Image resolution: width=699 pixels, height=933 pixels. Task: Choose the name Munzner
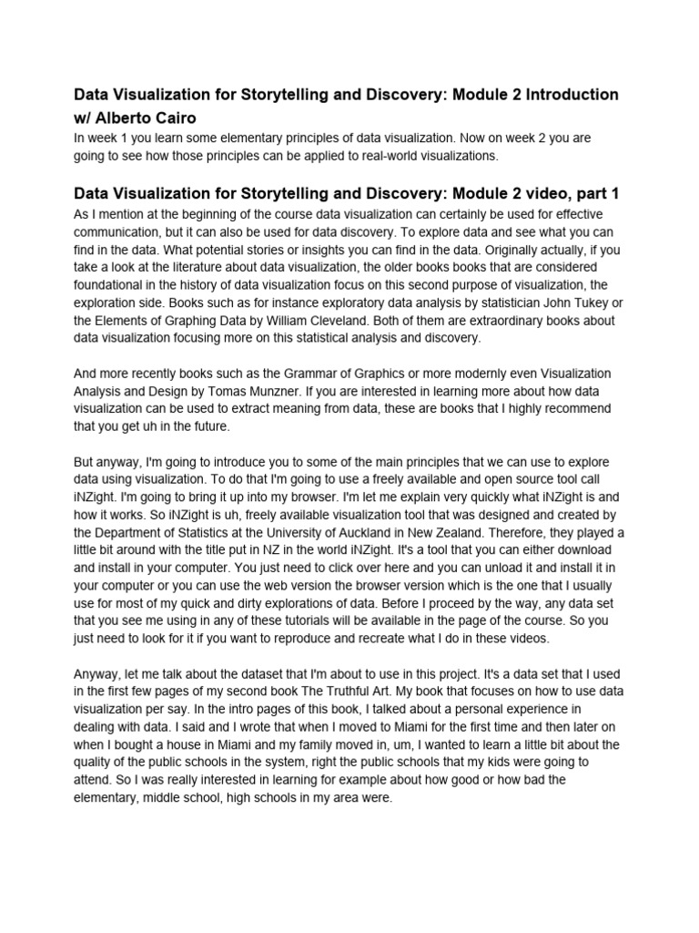pos(299,392)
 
